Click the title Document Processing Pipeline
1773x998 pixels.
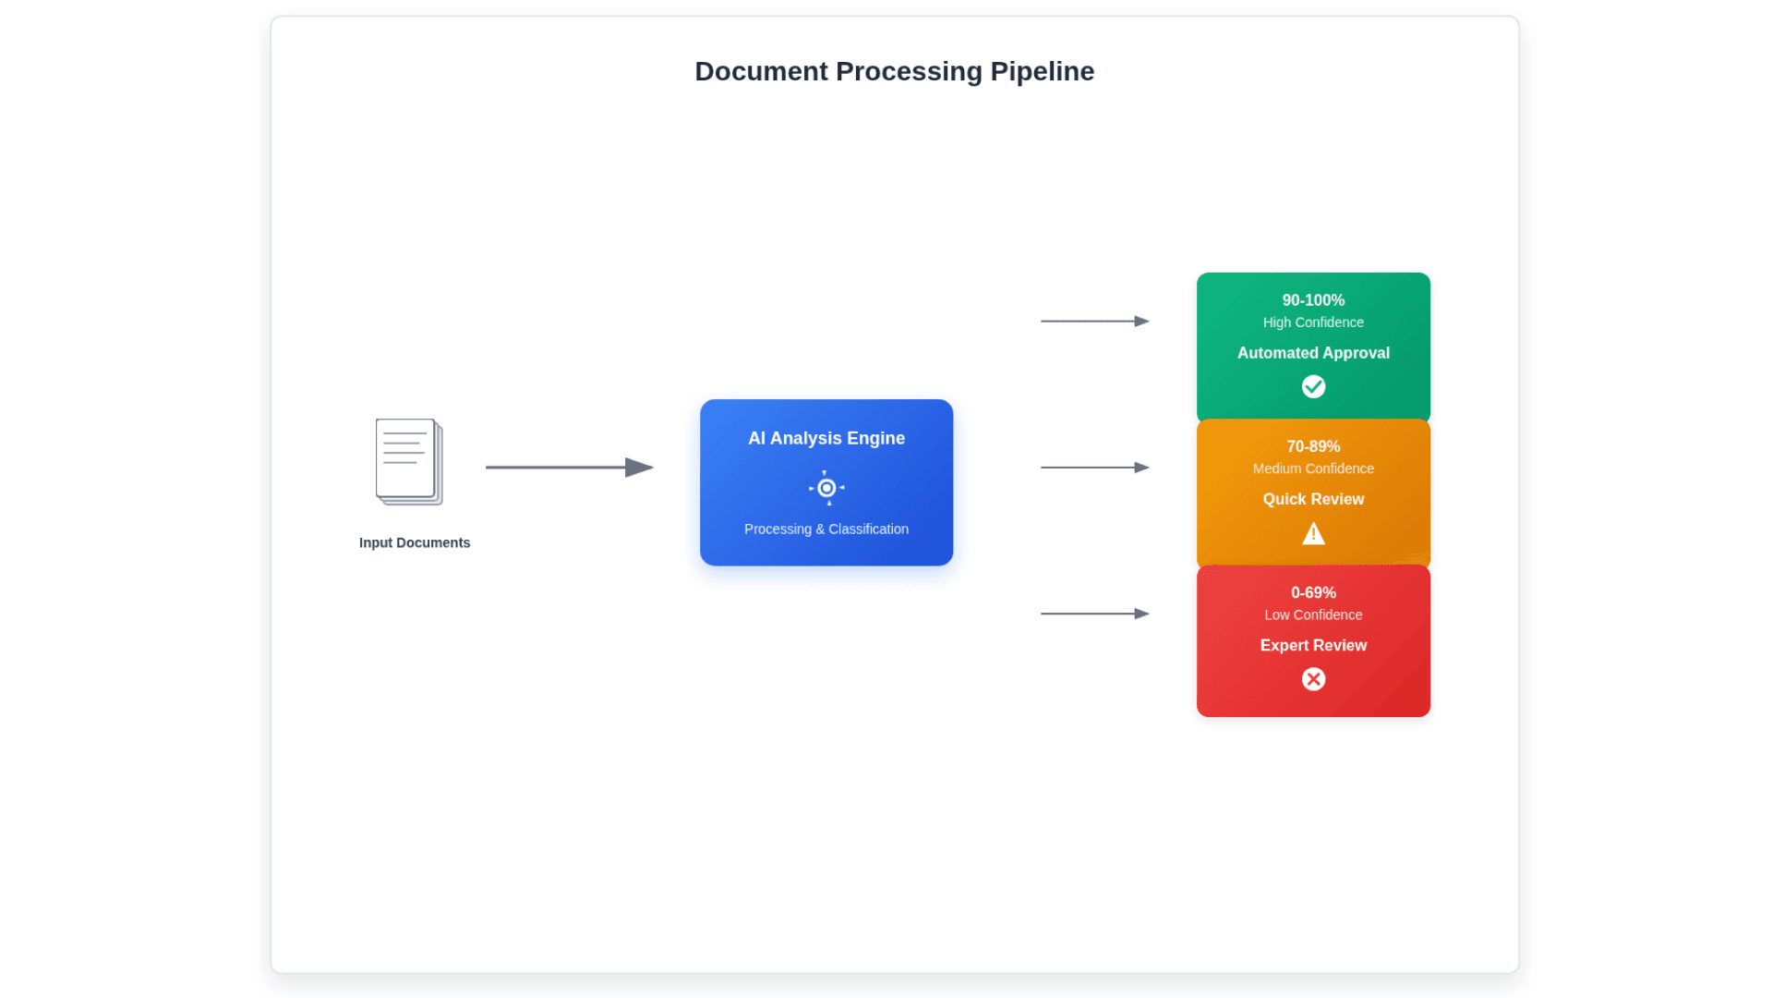894,71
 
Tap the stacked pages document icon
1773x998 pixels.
408,461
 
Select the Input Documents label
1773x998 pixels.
415,542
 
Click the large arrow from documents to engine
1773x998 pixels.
569,468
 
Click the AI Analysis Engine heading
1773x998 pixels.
826,438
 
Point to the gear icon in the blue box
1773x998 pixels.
826,488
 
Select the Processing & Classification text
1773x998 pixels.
826,529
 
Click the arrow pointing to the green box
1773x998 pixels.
1094,322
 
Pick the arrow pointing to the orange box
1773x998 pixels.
1094,468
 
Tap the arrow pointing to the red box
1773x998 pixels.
1094,614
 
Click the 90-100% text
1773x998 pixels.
1313,300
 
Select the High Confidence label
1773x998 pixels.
1313,323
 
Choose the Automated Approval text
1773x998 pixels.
1313,353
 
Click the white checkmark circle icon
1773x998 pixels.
1313,386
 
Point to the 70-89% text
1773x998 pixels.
1313,446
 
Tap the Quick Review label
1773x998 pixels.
1313,499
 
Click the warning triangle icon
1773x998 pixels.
1313,534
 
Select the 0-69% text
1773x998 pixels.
1313,592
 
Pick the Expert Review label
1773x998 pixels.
1313,645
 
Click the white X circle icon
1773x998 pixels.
1313,679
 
